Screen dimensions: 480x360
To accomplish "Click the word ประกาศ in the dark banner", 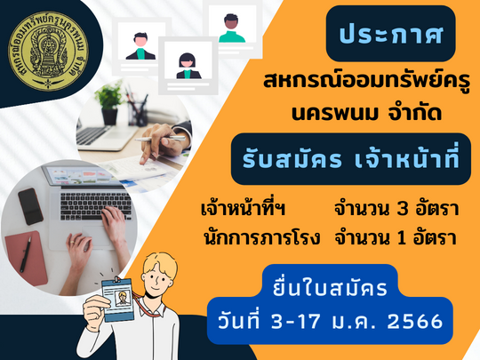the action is (x=391, y=35).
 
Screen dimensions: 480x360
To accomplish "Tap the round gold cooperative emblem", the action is (x=48, y=52).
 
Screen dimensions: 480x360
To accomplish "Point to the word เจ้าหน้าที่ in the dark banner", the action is (x=407, y=156).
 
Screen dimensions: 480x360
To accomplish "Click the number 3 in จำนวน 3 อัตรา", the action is (x=403, y=210).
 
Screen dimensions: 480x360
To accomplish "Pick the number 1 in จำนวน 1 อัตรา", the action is (x=401, y=238).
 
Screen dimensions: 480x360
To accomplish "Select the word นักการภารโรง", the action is (x=261, y=237).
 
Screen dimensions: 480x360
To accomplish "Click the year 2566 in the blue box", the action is (x=415, y=322).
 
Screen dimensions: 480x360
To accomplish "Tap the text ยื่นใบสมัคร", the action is (x=331, y=287).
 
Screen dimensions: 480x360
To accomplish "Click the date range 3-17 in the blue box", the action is (x=296, y=322).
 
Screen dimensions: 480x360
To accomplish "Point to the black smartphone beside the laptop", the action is (x=30, y=206).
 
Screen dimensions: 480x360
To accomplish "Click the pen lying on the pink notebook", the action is (x=25, y=255).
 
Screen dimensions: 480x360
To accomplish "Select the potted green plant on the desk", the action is (x=108, y=102).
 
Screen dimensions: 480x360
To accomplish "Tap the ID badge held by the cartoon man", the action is (x=118, y=299).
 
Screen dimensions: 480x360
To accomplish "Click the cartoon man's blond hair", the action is (x=160, y=264).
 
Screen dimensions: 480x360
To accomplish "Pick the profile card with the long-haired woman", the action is (x=188, y=66).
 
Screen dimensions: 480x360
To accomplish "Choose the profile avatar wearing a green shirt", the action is (x=232, y=28).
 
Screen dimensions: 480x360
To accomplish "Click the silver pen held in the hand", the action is (x=160, y=139).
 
